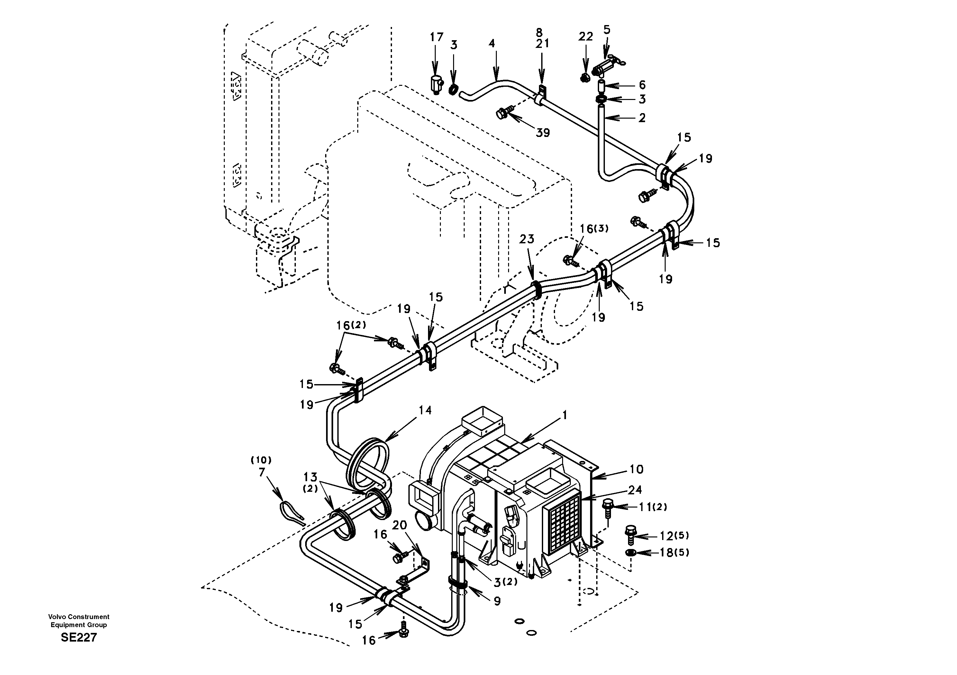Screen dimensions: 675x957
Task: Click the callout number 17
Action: point(436,37)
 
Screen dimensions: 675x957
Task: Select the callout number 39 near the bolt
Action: point(543,133)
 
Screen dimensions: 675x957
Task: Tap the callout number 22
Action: point(585,37)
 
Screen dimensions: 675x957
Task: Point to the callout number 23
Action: point(526,239)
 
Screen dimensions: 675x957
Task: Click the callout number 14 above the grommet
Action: point(425,410)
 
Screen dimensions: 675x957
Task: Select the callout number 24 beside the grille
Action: point(635,490)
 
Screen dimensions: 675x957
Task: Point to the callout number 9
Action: point(497,600)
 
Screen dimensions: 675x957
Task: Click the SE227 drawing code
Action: point(79,637)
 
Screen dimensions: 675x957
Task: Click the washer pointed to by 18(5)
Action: point(630,553)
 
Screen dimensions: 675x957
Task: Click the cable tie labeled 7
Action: point(292,513)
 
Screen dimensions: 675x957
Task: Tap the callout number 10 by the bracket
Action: point(636,469)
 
